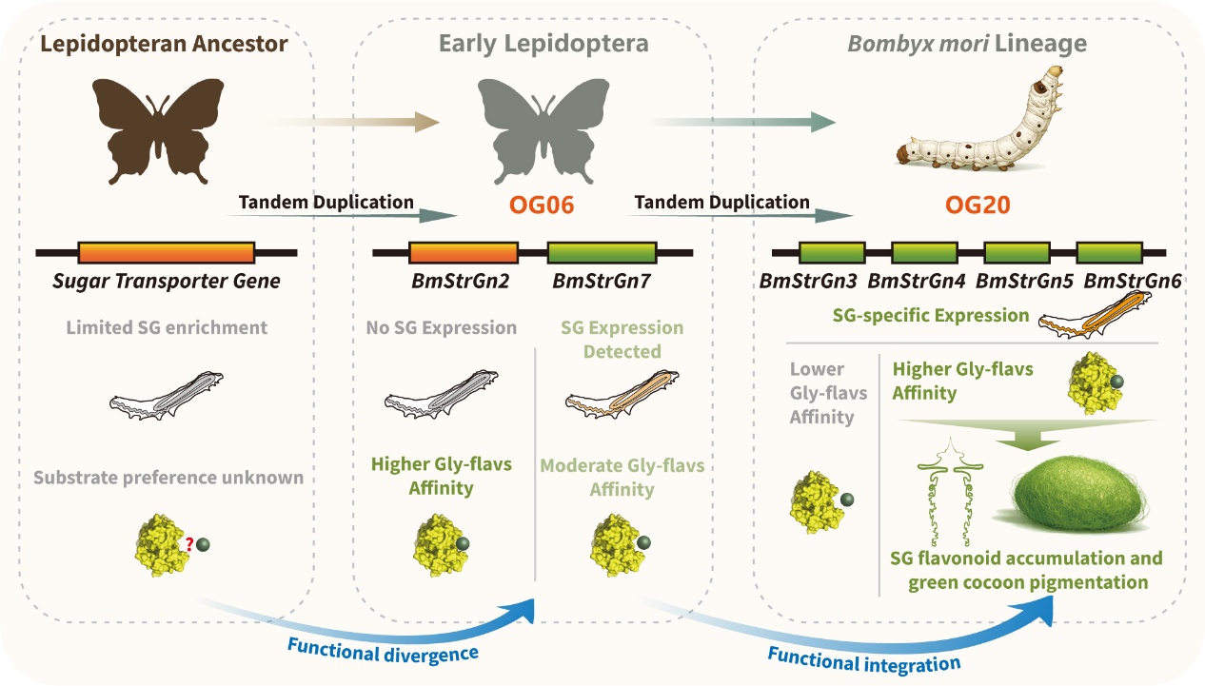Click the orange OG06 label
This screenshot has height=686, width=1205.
[x=542, y=205]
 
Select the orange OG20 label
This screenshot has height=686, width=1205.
[x=978, y=205]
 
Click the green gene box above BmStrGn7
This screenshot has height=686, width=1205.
[x=602, y=252]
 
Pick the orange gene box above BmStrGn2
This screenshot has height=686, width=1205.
[x=464, y=252]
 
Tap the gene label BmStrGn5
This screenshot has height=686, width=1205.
[x=1024, y=282]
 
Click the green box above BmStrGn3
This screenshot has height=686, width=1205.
[x=832, y=252]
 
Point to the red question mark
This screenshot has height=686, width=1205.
[x=188, y=544]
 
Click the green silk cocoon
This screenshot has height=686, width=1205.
[x=1078, y=494]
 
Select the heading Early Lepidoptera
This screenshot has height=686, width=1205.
[x=543, y=44]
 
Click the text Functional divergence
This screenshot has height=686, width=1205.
[x=383, y=651]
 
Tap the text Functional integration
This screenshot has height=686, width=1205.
[x=864, y=660]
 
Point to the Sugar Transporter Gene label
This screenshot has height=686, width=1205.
[x=167, y=282]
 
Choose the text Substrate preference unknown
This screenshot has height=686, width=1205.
[x=168, y=478]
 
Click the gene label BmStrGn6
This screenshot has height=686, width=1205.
[x=1133, y=282]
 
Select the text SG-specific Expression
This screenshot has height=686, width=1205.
[x=931, y=316]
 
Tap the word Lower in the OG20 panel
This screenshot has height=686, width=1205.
[x=817, y=369]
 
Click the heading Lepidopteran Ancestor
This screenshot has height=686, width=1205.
[x=164, y=44]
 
